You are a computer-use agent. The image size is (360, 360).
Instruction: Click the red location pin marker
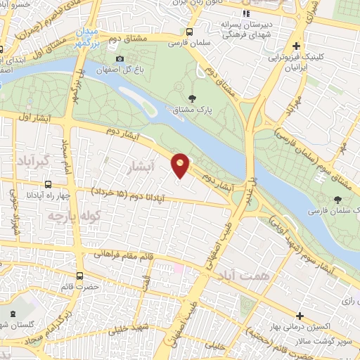pos(181,165)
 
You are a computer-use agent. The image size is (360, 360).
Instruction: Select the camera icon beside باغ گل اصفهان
pos(120,58)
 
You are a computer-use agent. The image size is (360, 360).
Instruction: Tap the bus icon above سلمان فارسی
pos(189,32)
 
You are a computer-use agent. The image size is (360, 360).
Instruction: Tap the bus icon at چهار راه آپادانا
pos(47,184)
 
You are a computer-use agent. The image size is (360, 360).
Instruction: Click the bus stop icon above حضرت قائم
pos(79,275)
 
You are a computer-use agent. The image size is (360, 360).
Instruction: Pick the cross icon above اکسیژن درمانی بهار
pos(300,316)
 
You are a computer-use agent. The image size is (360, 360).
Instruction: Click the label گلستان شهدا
pos(15,321)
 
